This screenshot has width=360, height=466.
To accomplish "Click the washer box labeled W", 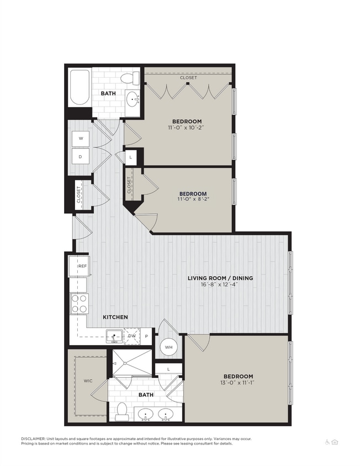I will coord(81,138).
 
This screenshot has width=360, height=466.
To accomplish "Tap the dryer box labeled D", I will coord(81,157).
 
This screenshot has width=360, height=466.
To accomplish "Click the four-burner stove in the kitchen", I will coord(80,303).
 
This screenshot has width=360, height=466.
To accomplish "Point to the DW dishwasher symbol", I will coord(132,336).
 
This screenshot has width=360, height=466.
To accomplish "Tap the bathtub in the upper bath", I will coord(81,88).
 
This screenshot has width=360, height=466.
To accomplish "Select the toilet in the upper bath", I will coord(131,78).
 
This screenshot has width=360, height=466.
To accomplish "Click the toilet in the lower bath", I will coord(123,410).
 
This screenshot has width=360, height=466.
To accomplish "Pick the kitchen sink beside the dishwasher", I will coord(115,336).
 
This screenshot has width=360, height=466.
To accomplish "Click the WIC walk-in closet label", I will coord(88,380).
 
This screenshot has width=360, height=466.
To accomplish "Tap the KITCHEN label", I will coord(115,317).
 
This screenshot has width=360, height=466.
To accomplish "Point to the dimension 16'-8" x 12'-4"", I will coord(219,285).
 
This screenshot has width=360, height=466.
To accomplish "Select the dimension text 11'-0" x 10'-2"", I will coord(187,128).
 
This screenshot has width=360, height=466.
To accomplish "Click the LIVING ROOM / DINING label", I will coord(219,278).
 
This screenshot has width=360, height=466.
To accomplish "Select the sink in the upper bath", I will coord(133,100).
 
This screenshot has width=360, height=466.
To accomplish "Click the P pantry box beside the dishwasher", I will coord(147,336).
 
